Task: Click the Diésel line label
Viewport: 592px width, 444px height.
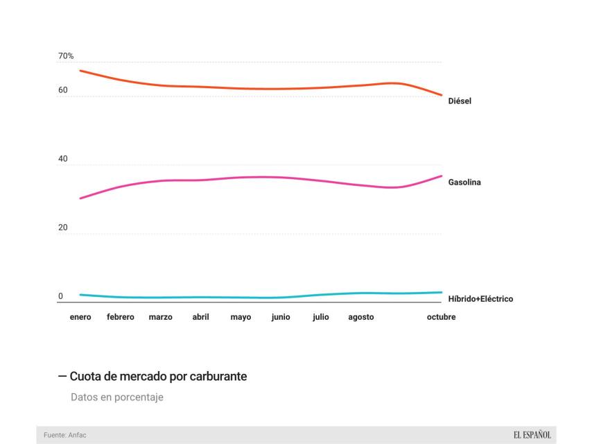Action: point(460,101)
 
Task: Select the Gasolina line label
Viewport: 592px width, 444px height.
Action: point(464,182)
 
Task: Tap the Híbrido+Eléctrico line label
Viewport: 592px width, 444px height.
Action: point(480,299)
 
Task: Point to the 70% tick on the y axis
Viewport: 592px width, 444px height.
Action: point(66,55)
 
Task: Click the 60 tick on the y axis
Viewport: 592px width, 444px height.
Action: point(63,90)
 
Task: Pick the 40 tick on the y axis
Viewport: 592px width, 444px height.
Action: point(63,159)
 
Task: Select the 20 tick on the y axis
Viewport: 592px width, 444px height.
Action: point(63,228)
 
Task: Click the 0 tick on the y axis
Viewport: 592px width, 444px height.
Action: point(60,296)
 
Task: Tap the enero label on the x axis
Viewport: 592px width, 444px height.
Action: point(80,318)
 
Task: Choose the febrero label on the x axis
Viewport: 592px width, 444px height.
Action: point(121,318)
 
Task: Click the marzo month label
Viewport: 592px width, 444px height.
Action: point(161,318)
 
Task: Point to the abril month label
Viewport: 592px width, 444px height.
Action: point(200,318)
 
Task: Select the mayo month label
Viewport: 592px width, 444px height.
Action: point(241,318)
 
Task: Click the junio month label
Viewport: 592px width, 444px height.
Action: point(281,318)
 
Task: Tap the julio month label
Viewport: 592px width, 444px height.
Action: point(321,318)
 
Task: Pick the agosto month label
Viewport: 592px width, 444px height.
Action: point(361,318)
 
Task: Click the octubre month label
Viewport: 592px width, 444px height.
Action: point(441,318)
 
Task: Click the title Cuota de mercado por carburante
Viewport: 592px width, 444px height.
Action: point(158,376)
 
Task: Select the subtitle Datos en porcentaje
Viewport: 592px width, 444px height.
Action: point(117,398)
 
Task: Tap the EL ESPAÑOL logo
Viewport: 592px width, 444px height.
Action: point(532,435)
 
